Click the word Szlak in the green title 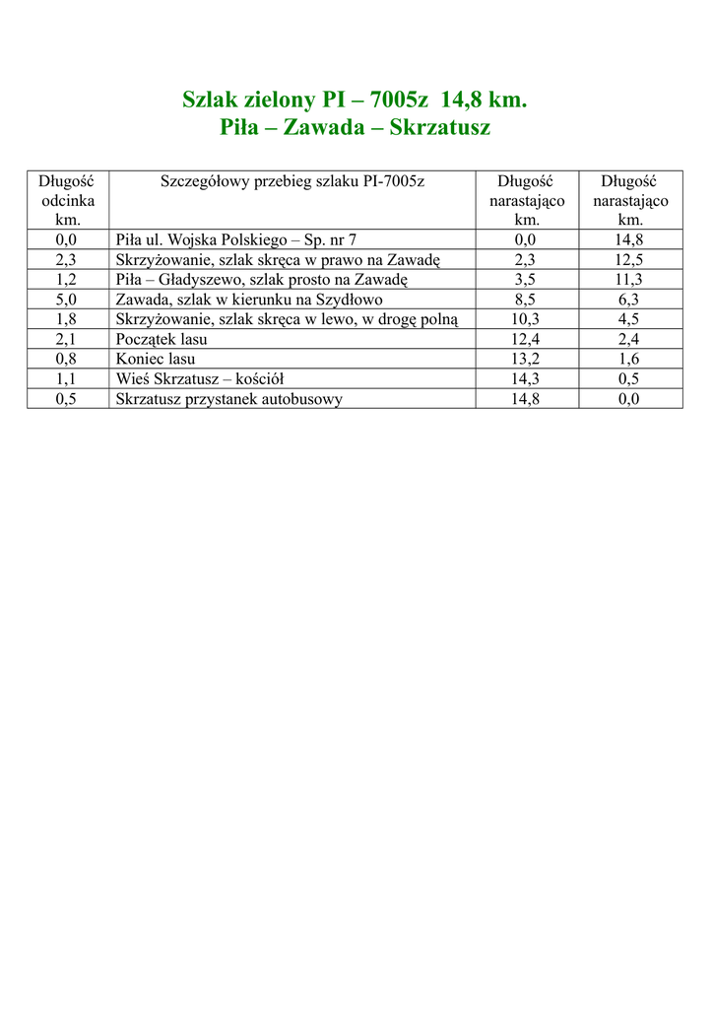click(x=209, y=101)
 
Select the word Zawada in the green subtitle click(x=330, y=128)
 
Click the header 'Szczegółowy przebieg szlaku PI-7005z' click(x=292, y=181)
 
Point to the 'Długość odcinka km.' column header click(x=68, y=200)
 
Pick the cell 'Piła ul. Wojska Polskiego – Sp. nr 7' click(x=236, y=239)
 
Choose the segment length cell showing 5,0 click(x=68, y=300)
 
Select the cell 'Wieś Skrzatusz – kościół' click(x=200, y=378)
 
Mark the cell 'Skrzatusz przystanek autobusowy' click(x=229, y=398)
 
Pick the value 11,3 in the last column click(x=629, y=279)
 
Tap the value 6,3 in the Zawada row click(x=629, y=300)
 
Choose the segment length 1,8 click(x=68, y=319)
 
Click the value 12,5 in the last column click(x=629, y=259)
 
